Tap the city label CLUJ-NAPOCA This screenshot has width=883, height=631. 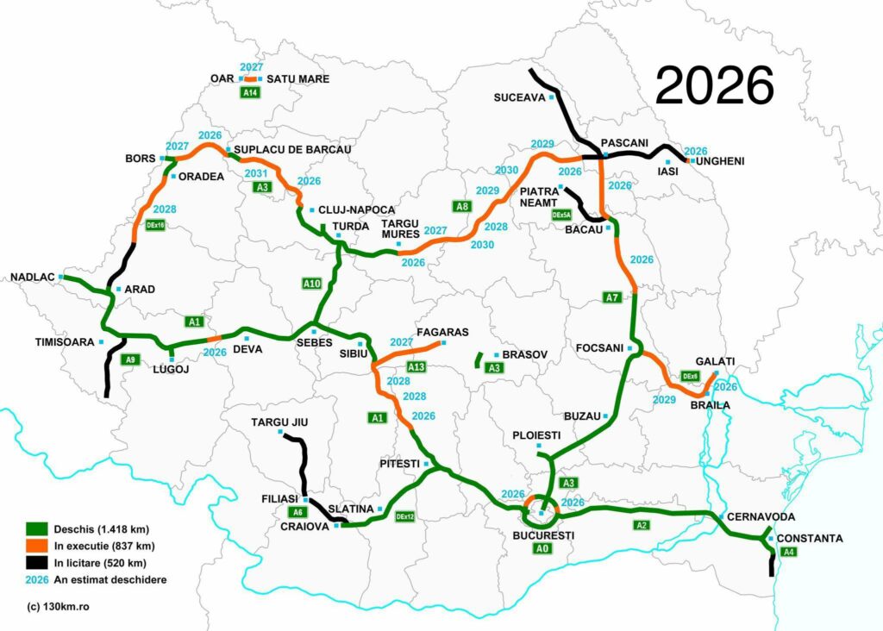(x=356, y=210)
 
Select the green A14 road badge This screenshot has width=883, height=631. (x=250, y=93)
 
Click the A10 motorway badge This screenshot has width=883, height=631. (x=312, y=284)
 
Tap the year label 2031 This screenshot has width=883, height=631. (x=256, y=173)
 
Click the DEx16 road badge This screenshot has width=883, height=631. (x=156, y=225)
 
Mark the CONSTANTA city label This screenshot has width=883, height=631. (x=810, y=539)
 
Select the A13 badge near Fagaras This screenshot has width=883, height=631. (x=416, y=366)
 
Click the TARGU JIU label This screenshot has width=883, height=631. (x=279, y=422)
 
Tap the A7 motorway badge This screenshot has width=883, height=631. (x=611, y=298)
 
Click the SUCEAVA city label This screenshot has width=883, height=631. (x=519, y=97)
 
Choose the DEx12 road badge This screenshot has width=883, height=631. (x=405, y=516)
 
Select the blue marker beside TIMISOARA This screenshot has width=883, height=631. (x=101, y=342)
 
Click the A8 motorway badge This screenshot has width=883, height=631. (x=463, y=207)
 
